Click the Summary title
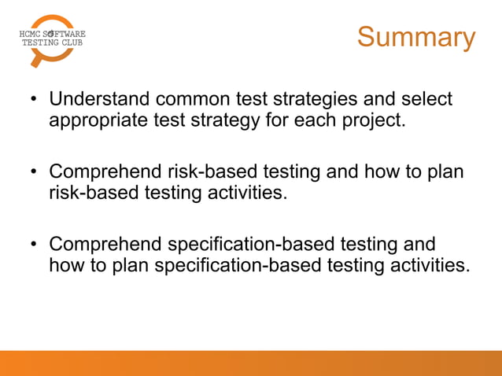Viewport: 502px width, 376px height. point(415,37)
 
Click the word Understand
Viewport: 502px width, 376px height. point(99,100)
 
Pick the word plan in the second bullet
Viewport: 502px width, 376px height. point(447,172)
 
